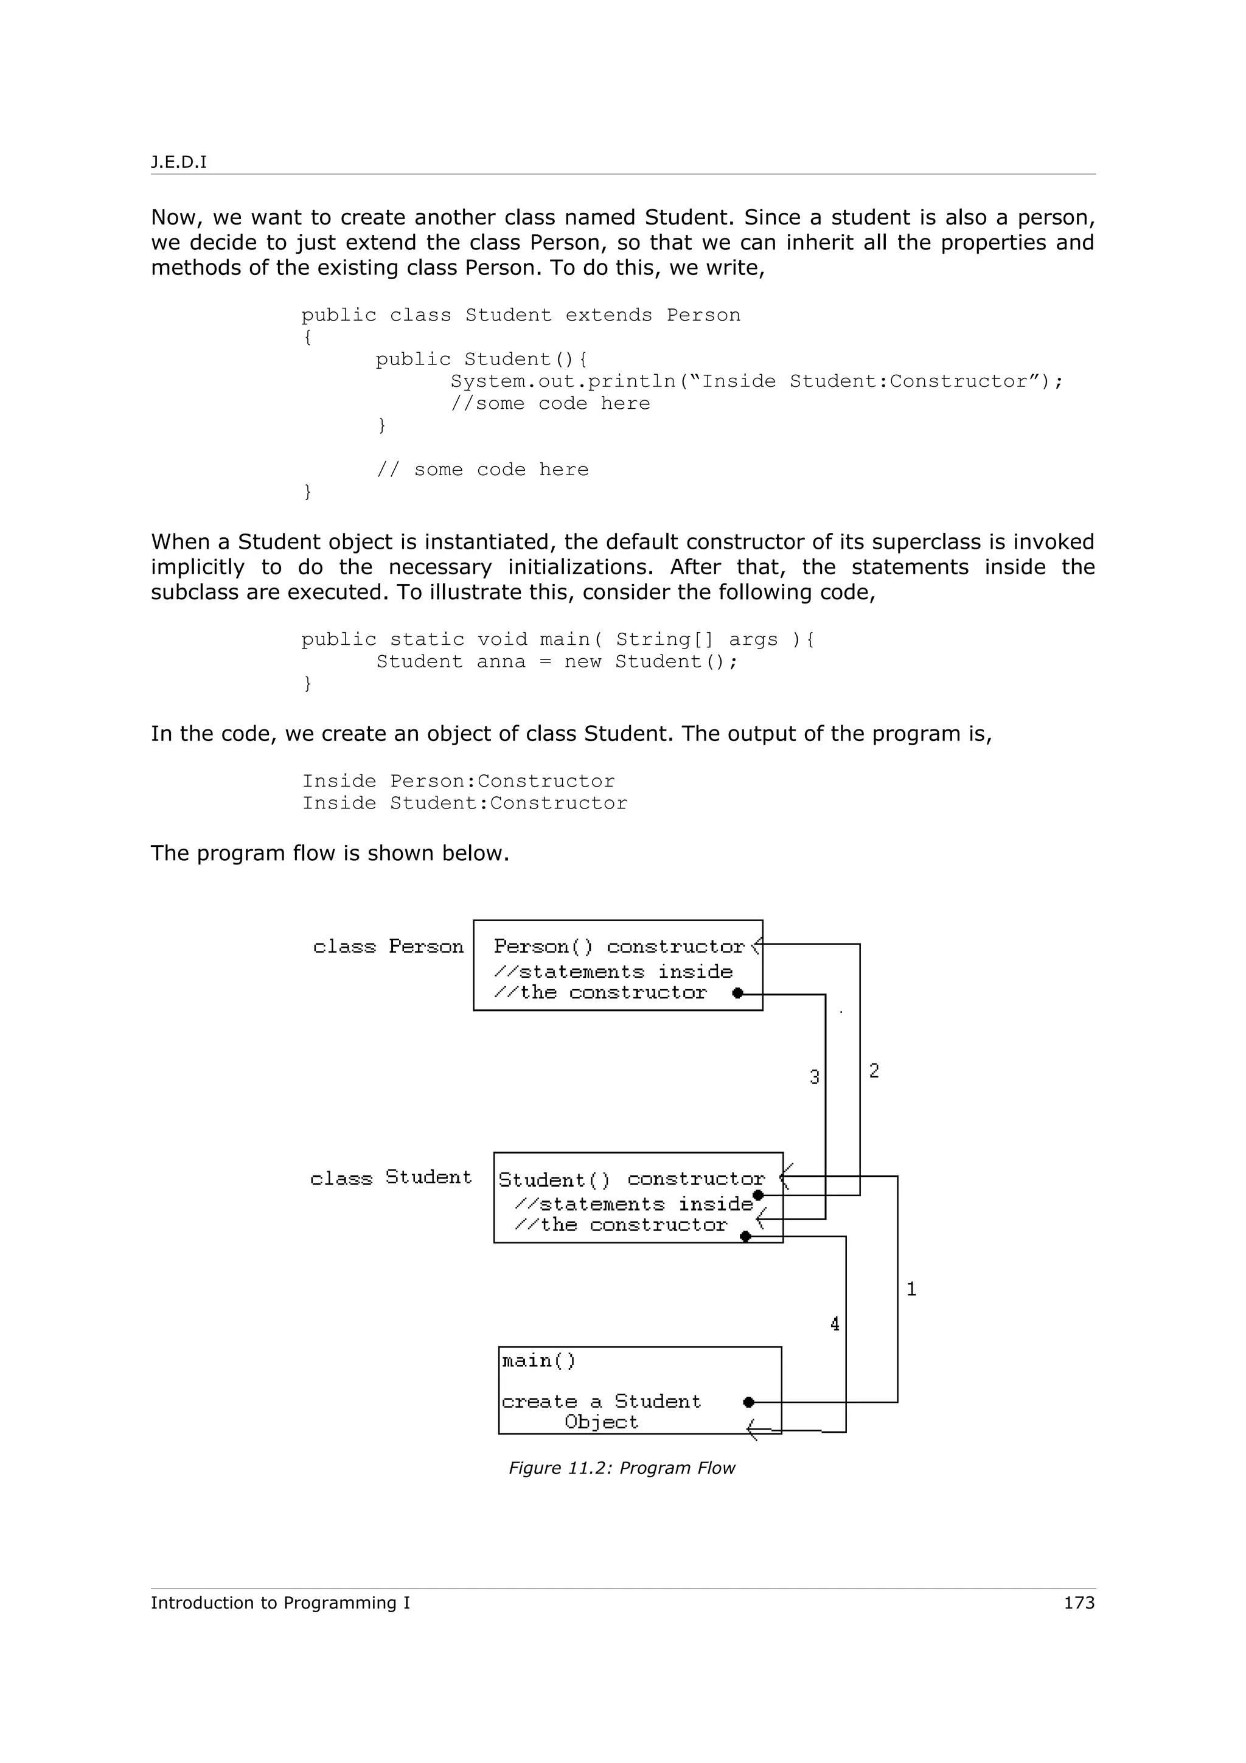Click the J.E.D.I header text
click(x=178, y=162)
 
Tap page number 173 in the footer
click(x=1079, y=1602)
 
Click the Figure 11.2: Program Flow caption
click(x=622, y=1467)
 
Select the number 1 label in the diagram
click(x=911, y=1289)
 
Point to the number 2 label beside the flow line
click(x=874, y=1071)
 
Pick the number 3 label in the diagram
click(x=815, y=1077)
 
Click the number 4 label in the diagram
click(x=835, y=1324)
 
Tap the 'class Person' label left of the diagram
click(x=388, y=946)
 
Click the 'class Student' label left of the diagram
click(x=391, y=1178)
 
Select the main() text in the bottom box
click(x=538, y=1361)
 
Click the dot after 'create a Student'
click(x=748, y=1402)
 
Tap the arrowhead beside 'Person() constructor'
click(x=756, y=945)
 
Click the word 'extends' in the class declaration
click(x=609, y=315)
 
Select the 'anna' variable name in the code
click(x=501, y=662)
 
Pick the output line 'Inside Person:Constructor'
click(x=458, y=781)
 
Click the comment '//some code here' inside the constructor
click(x=549, y=403)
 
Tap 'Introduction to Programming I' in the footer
click(x=280, y=1602)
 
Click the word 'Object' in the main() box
click(x=601, y=1422)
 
